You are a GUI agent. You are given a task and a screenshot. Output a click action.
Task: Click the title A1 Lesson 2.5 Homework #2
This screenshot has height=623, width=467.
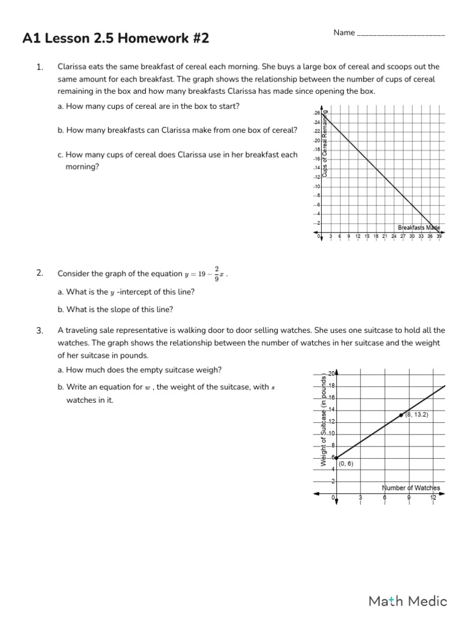(116, 39)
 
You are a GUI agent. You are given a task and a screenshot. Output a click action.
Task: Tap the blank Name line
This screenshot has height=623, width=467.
(401, 33)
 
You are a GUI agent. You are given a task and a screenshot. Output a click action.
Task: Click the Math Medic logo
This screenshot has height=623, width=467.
(408, 601)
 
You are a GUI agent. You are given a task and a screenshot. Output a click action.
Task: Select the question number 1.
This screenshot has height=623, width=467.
(40, 67)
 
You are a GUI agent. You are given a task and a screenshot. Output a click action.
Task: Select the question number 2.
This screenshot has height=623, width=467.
(40, 273)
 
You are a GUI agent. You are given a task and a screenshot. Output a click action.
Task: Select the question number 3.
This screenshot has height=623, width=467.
(40, 331)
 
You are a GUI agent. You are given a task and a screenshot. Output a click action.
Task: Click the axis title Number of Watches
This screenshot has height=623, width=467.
(410, 488)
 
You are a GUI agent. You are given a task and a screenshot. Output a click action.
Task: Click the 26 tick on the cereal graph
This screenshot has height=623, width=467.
(317, 113)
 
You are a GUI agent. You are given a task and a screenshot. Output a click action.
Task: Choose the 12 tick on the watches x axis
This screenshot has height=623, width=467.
(433, 498)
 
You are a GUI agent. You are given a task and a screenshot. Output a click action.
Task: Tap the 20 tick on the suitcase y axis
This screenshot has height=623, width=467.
(331, 374)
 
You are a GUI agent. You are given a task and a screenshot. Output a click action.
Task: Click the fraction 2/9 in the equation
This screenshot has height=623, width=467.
(216, 274)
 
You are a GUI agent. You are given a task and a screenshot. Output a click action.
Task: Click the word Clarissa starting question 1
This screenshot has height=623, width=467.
(72, 67)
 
